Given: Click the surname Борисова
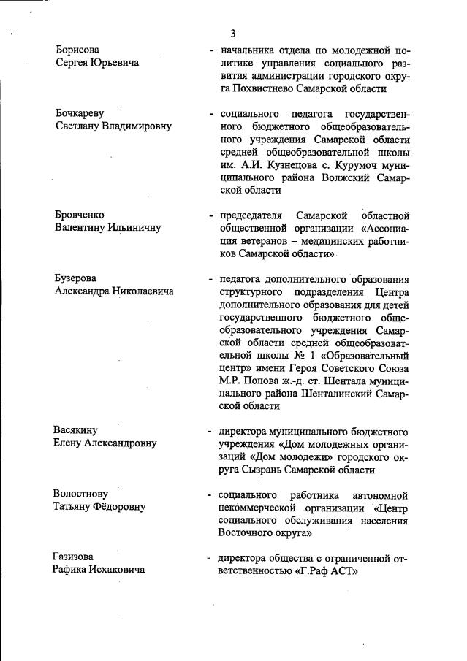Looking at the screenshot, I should [78, 50].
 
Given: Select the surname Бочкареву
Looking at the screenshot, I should [80, 113].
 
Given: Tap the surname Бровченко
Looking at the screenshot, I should [80, 215].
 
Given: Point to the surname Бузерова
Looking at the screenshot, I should [77, 278].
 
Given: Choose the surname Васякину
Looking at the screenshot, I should [77, 429].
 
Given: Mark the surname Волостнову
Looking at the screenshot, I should [82, 494].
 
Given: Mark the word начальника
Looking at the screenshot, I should [245, 50].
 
